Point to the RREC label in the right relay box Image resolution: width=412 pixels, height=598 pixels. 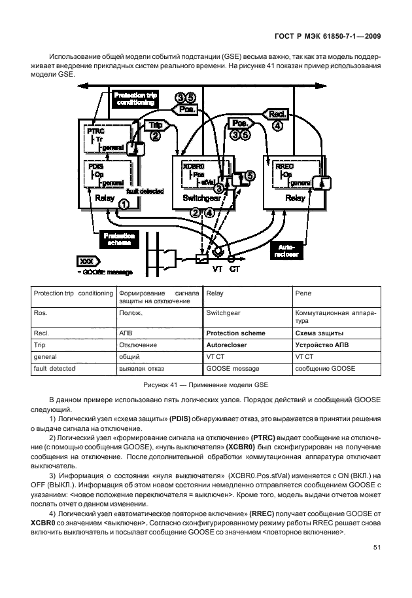point(284,166)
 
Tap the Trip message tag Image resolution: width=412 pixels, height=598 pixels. point(156,124)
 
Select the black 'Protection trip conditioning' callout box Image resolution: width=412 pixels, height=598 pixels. point(135,100)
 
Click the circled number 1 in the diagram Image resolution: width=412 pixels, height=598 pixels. point(123,204)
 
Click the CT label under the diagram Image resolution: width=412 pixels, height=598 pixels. point(235,269)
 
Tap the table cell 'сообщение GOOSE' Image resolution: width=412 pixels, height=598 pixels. point(326,369)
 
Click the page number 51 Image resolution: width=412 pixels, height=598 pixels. point(377,548)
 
